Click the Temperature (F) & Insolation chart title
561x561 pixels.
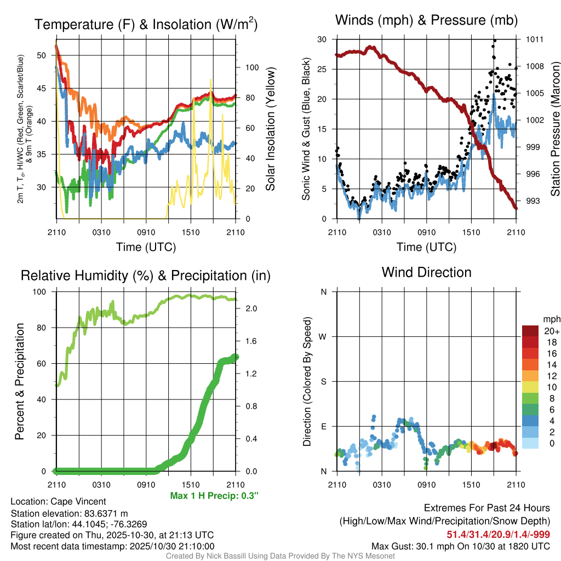[x=146, y=24]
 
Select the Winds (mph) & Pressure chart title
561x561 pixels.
[x=426, y=20]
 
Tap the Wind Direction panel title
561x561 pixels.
[x=426, y=272]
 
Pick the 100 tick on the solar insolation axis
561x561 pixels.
[x=251, y=68]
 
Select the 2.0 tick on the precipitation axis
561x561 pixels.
[x=251, y=308]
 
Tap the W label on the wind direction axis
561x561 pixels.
[x=323, y=336]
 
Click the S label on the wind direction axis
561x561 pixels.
[x=323, y=381]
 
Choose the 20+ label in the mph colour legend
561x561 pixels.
[x=551, y=331]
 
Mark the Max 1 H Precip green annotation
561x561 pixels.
[x=214, y=495]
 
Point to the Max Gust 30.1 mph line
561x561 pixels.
[x=461, y=546]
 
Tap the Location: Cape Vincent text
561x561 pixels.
[x=58, y=501]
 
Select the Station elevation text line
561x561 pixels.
[x=69, y=513]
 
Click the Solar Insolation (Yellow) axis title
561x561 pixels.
[x=270, y=129]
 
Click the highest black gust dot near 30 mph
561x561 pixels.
[x=495, y=41]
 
